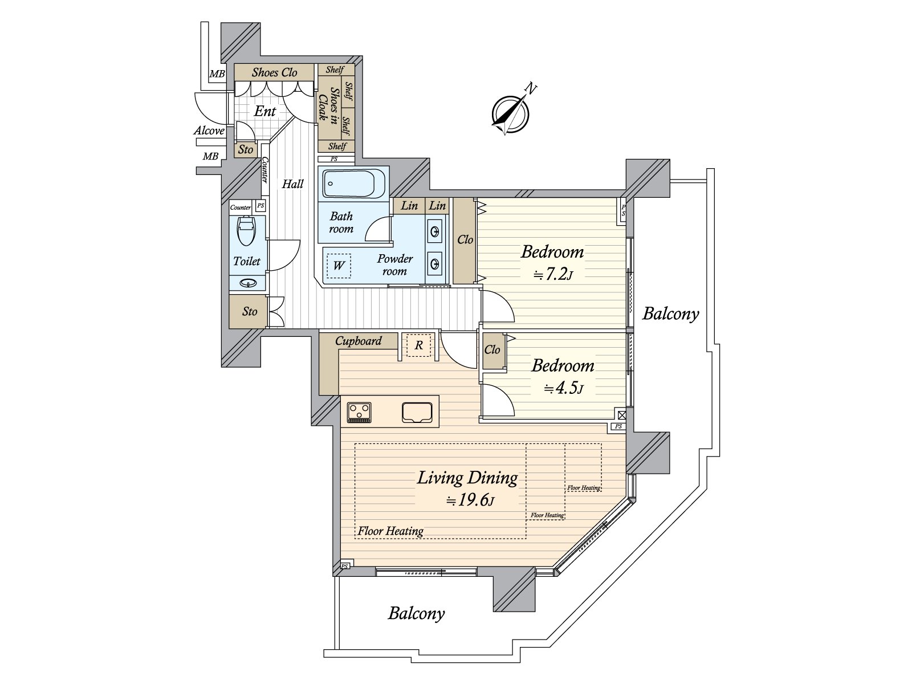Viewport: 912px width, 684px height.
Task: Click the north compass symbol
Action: (x=510, y=114)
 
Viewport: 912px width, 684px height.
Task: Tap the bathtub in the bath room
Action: (x=354, y=184)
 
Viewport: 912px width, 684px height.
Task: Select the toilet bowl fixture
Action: (x=247, y=233)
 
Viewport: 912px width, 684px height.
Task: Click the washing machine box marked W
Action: (x=339, y=266)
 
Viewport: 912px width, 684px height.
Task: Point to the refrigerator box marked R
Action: (x=419, y=345)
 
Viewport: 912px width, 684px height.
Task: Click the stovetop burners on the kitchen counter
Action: (x=359, y=412)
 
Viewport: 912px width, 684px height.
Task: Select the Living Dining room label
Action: (x=467, y=478)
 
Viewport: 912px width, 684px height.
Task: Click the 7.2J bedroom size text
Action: (x=553, y=275)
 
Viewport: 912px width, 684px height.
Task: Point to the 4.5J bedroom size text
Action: (x=564, y=388)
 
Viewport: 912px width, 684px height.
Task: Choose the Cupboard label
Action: (x=358, y=341)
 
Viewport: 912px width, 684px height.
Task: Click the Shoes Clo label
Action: (x=274, y=73)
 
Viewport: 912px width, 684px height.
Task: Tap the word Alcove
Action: (x=209, y=131)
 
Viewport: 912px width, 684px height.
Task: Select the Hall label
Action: (x=292, y=184)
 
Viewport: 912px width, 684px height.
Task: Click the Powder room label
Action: (x=394, y=265)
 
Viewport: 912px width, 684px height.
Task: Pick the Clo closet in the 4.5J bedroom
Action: (x=493, y=350)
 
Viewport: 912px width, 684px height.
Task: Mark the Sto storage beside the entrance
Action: (x=246, y=149)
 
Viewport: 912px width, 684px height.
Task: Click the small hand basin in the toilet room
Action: (x=247, y=284)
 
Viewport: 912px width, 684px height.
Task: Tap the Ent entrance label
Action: (x=264, y=111)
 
